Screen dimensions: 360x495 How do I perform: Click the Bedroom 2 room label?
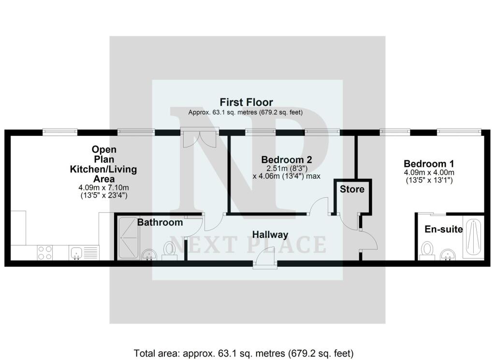pyautogui.click(x=287, y=159)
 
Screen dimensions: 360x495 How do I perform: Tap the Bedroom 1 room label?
pyautogui.click(x=429, y=163)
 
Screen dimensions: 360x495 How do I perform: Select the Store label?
pyautogui.click(x=352, y=189)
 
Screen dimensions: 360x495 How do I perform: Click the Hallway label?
pyautogui.click(x=270, y=235)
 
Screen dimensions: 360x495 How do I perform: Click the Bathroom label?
pyautogui.click(x=160, y=222)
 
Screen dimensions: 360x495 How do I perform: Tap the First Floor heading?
pyautogui.click(x=246, y=102)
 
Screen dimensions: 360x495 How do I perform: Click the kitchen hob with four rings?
pyautogui.click(x=45, y=252)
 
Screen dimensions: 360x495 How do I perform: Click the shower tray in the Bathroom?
pyautogui.click(x=128, y=238)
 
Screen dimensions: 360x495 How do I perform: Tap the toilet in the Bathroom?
pyautogui.click(x=169, y=250)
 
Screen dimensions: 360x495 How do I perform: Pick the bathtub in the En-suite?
pyautogui.click(x=473, y=238)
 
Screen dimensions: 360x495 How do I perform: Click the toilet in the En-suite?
pyautogui.click(x=426, y=250)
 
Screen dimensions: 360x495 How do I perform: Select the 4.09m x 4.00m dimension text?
pyautogui.click(x=429, y=173)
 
